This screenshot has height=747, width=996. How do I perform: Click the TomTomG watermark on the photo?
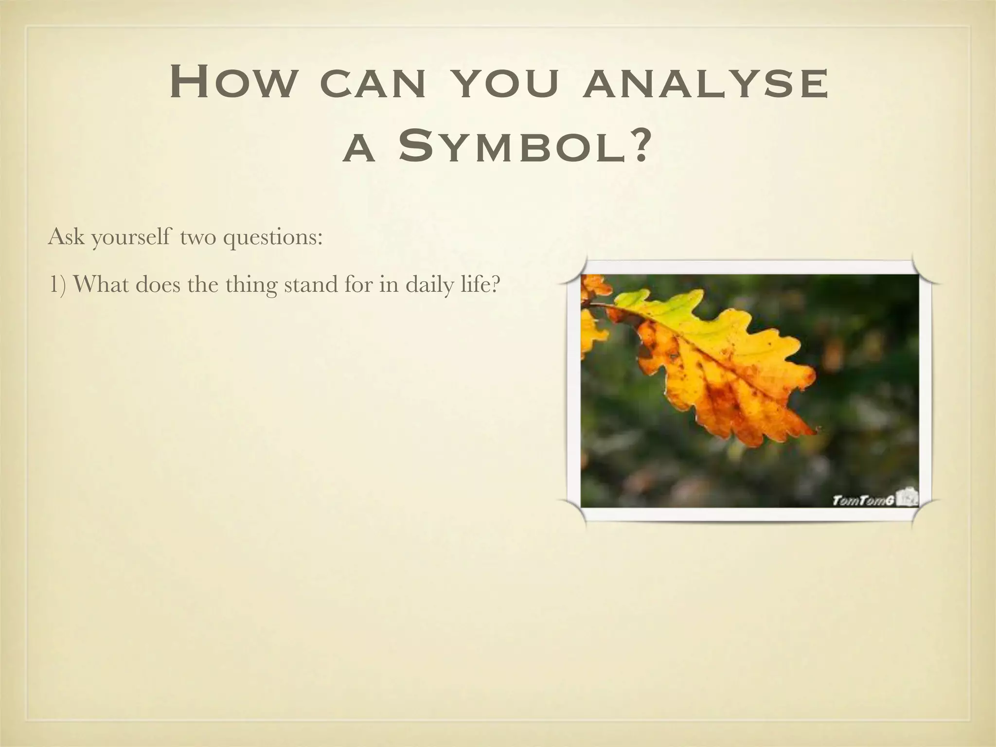(864, 500)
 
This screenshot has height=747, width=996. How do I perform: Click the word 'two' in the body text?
(197, 238)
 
